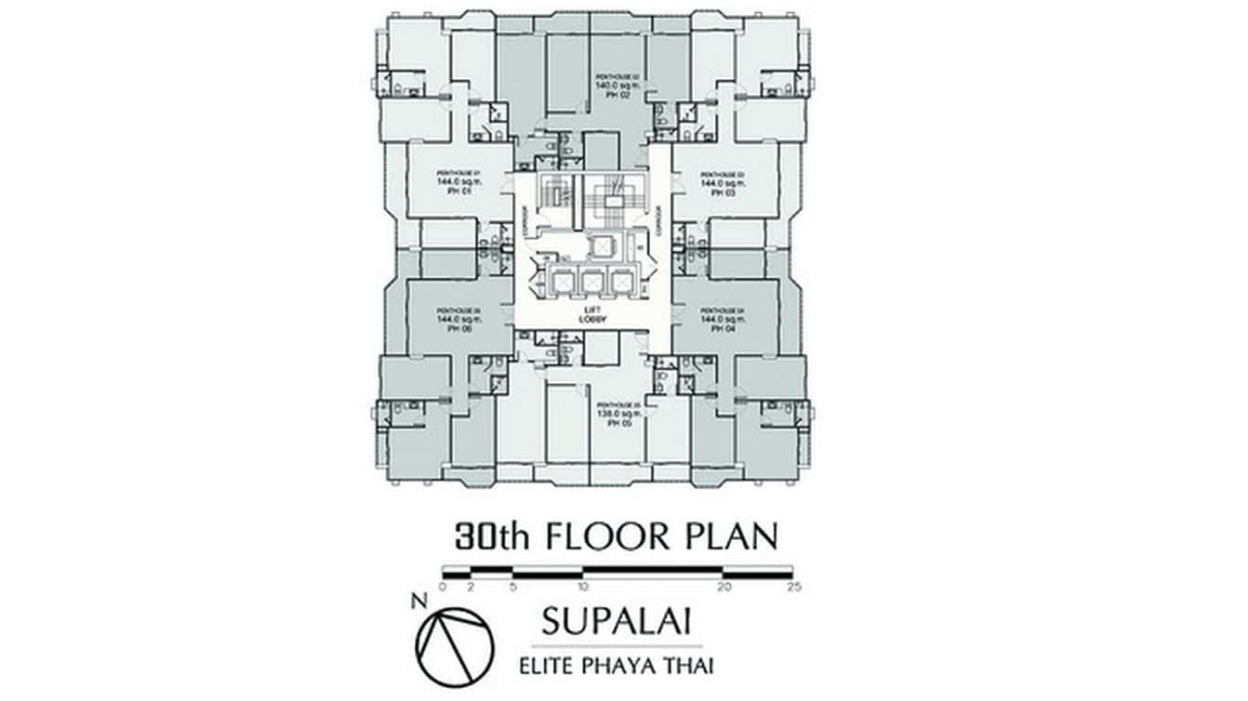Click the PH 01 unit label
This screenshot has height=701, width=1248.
tap(450, 192)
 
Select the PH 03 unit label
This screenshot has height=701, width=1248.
tap(724, 192)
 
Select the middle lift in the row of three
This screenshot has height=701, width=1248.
tap(591, 280)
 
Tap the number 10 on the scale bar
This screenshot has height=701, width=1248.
tap(582, 587)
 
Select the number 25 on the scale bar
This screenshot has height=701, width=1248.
tap(793, 587)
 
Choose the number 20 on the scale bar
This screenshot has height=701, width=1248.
tap(724, 587)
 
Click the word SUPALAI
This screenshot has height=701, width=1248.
tap(616, 620)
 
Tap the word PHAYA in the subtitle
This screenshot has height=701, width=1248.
tap(629, 665)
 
